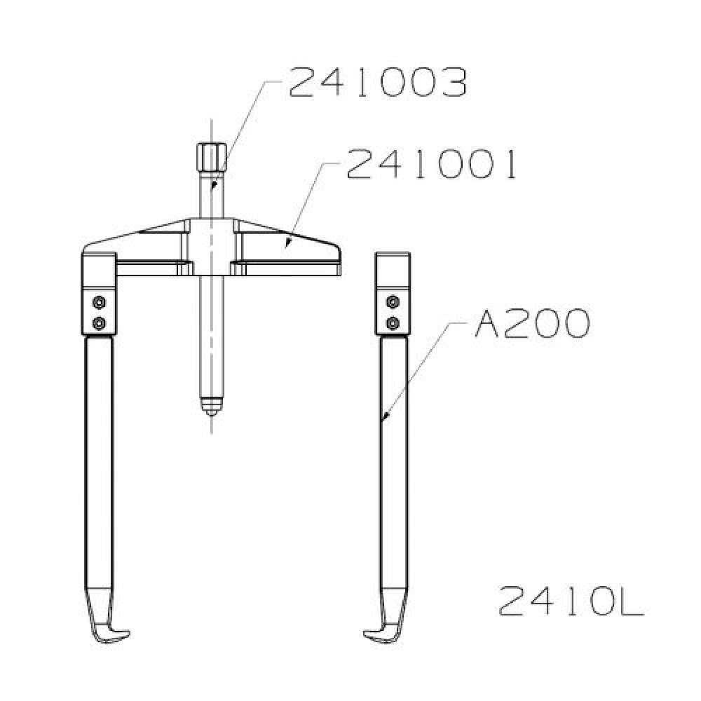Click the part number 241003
click(378, 83)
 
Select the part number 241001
click(431, 164)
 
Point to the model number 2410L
click(571, 601)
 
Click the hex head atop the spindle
click(212, 156)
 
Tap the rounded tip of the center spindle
click(212, 407)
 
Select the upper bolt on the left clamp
click(99, 303)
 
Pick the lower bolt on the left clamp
click(99, 322)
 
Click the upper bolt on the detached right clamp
click(393, 301)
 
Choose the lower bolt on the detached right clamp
click(393, 322)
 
